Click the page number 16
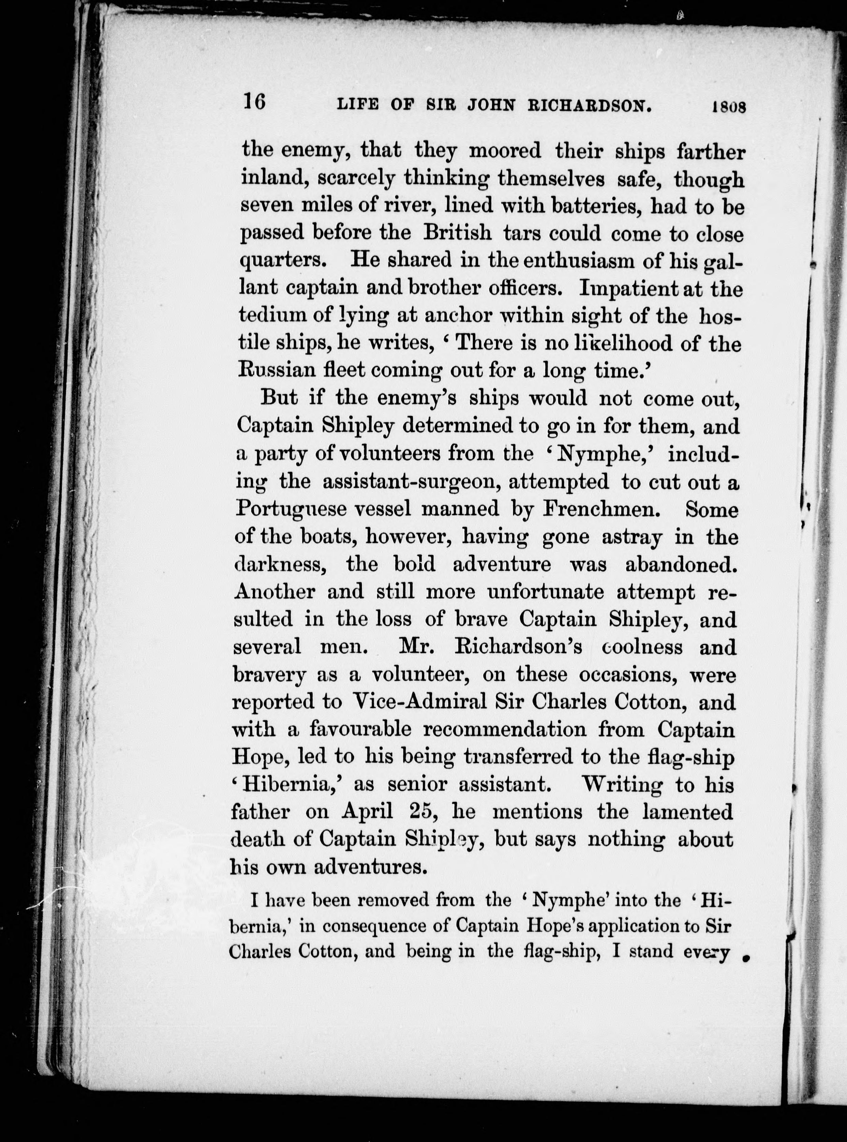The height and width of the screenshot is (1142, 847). (x=254, y=102)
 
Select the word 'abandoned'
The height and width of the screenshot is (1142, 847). (x=680, y=564)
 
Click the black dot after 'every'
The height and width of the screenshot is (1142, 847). (x=746, y=957)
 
